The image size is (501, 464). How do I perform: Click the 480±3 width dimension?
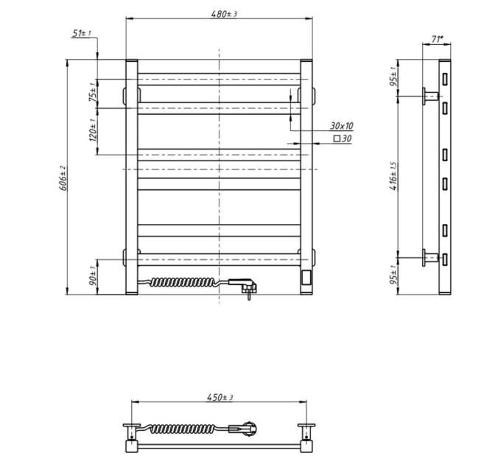224,14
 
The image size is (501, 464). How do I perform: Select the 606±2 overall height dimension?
63,178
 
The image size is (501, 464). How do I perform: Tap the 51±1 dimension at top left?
82,33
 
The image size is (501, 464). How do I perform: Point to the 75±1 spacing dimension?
93,92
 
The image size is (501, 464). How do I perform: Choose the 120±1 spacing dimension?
93,130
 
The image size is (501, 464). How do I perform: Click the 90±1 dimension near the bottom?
93,276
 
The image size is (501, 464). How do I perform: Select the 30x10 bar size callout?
342,126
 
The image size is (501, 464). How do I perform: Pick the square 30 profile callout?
343,138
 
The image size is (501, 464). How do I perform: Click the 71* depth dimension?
438,39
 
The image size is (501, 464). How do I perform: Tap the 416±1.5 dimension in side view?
393,176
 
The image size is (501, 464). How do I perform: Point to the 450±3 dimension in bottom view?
220,397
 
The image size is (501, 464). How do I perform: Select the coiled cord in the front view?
185,282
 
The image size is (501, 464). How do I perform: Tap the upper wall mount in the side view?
430,96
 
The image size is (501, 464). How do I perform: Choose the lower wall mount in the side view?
430,257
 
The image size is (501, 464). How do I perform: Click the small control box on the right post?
306,277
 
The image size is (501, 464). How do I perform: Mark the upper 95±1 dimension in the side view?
393,77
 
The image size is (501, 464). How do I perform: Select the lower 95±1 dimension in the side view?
393,275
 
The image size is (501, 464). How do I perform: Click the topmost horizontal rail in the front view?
220,80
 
